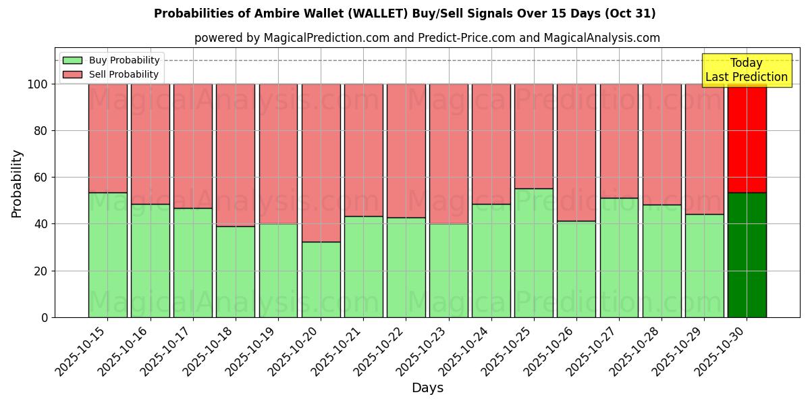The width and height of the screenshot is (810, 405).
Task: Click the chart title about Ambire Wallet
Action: tap(404, 13)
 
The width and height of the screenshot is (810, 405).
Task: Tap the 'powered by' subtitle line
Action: tap(427, 38)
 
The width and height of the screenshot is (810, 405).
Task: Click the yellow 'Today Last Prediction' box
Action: tap(746, 70)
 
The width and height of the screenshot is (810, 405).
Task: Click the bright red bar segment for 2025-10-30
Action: tap(747, 138)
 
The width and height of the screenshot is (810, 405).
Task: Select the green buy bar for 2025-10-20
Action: tap(321, 279)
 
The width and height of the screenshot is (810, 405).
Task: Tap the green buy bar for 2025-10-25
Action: tap(533, 253)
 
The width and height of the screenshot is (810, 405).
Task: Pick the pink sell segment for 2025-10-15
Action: tap(107, 138)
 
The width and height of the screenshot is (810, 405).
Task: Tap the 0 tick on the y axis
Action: tap(45, 317)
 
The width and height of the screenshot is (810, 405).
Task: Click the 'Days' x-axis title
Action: tap(427, 388)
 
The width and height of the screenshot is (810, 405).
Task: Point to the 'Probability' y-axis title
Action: tap(17, 184)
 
